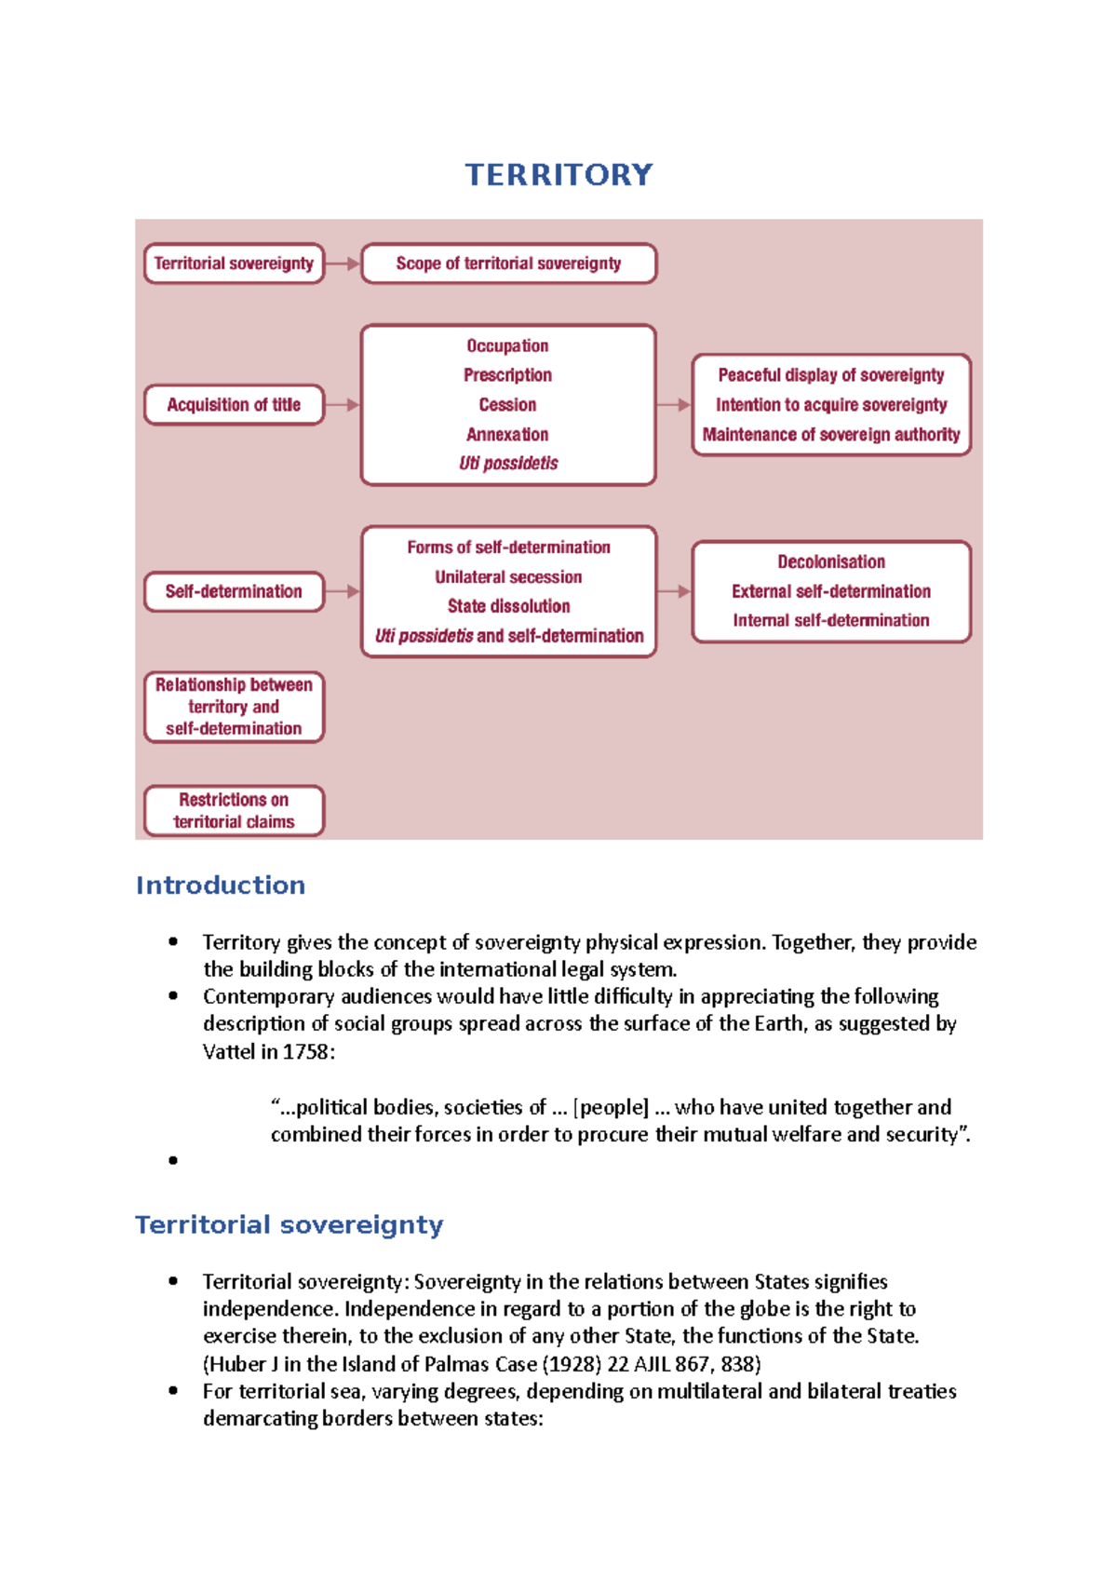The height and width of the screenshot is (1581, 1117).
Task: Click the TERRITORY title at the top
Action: click(x=558, y=175)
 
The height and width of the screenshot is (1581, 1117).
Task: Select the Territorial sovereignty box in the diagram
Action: click(x=234, y=263)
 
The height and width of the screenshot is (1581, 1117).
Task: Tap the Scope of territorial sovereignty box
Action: click(x=508, y=263)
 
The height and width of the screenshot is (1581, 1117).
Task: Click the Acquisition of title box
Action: click(x=234, y=405)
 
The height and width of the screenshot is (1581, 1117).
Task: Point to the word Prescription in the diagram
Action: click(x=507, y=375)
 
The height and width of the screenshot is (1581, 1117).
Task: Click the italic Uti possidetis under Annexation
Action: click(x=508, y=464)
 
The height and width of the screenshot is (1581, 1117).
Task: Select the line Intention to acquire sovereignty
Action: click(x=831, y=405)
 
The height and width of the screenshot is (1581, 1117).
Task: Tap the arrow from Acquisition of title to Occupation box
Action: click(x=342, y=405)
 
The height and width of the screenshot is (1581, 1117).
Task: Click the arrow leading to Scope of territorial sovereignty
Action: click(x=342, y=263)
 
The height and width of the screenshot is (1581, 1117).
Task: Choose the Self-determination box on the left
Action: click(x=234, y=591)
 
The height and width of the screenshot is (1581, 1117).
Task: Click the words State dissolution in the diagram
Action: click(x=508, y=606)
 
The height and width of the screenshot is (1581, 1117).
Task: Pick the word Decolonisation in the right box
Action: click(x=831, y=562)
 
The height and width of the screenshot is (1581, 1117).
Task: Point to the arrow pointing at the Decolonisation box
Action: click(x=674, y=591)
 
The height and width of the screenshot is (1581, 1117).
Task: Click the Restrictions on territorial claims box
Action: click(x=234, y=811)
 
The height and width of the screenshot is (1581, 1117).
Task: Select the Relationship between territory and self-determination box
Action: click(x=234, y=707)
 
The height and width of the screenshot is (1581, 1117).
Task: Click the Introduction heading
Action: click(x=221, y=885)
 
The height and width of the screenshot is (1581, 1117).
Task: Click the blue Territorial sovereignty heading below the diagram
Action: click(x=289, y=1224)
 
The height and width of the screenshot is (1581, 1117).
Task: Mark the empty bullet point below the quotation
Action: click(x=173, y=1160)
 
